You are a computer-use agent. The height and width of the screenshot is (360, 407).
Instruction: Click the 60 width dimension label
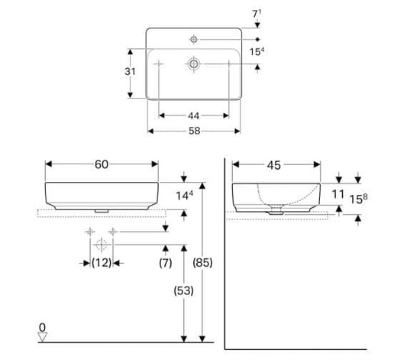tap(102, 164)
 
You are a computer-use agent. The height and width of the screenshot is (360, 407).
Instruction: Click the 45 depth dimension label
tap(274, 165)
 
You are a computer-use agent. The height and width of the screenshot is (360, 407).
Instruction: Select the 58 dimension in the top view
tap(195, 131)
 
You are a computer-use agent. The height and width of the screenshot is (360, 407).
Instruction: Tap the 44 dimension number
tap(194, 116)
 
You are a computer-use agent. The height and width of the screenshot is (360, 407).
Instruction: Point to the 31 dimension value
tap(130, 71)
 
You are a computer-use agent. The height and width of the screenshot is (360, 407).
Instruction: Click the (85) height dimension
tap(202, 263)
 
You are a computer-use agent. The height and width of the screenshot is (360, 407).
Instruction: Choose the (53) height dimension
tap(184, 290)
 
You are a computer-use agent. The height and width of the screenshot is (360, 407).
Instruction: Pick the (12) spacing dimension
tap(102, 263)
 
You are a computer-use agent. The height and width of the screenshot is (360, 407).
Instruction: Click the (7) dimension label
tap(166, 263)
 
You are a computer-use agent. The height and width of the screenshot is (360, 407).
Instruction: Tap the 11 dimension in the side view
tap(338, 194)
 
